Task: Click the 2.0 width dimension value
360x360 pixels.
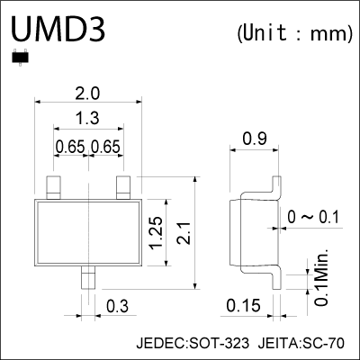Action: click(x=88, y=93)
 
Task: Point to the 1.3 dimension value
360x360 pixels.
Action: click(x=88, y=119)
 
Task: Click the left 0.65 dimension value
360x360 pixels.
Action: click(x=71, y=147)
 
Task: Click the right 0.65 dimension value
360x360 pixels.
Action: click(x=106, y=147)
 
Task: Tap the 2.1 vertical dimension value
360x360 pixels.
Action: click(x=183, y=233)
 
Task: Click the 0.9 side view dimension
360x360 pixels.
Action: click(x=255, y=139)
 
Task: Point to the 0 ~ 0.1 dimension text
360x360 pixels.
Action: click(x=314, y=218)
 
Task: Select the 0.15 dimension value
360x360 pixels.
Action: click(x=243, y=307)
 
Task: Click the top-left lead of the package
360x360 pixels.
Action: click(x=54, y=187)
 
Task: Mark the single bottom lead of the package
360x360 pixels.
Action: click(x=88, y=276)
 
